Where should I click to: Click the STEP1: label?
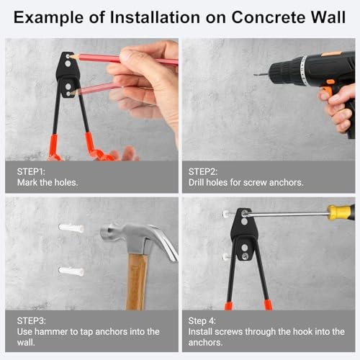(x=32, y=171)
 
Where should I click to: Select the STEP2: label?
(x=204, y=171)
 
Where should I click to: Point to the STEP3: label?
(x=32, y=320)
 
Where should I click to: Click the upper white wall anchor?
(x=71, y=228)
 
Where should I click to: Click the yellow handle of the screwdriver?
(x=341, y=212)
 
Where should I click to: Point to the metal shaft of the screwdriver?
(x=288, y=214)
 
